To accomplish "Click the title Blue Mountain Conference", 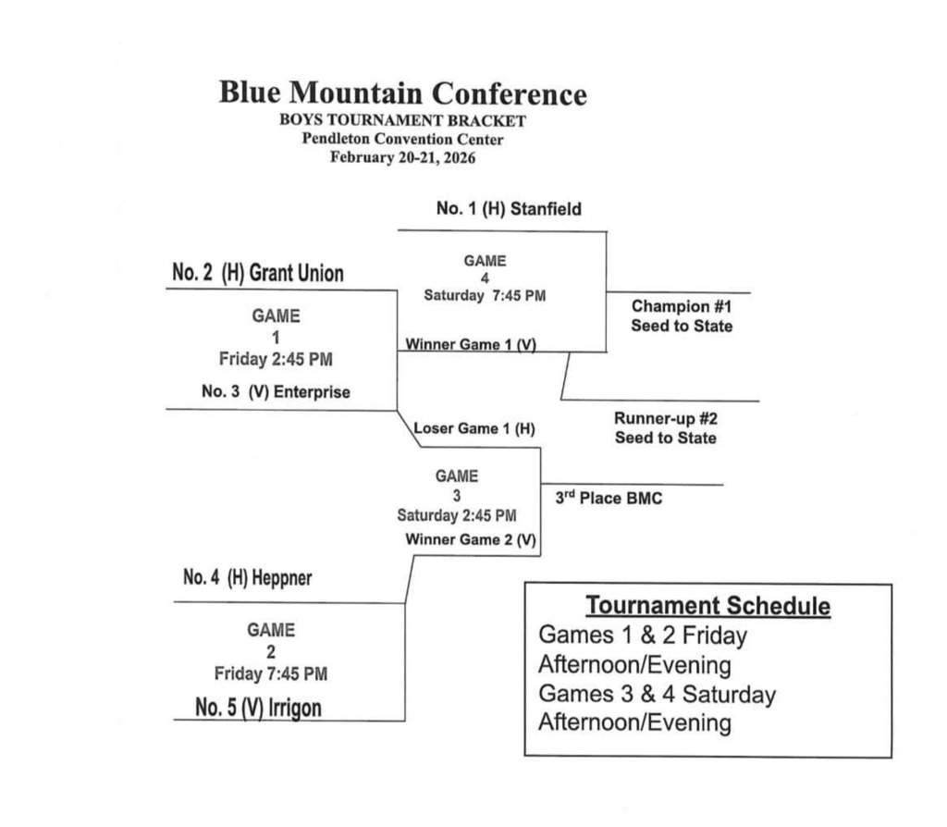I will tap(402, 94).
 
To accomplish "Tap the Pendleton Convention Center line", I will tap(402, 139).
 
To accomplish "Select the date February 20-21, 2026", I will tap(402, 157).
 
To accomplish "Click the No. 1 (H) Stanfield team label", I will tap(509, 209).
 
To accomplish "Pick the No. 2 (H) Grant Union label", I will tap(257, 274).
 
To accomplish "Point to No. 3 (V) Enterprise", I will tap(276, 392).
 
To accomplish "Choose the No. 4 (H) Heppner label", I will tap(248, 578).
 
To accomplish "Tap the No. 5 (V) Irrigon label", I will tap(259, 709).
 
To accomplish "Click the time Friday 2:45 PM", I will tap(274, 359).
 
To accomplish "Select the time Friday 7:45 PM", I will tap(270, 673).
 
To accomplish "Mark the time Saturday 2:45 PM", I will tap(457, 515).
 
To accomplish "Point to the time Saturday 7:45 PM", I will tap(484, 296).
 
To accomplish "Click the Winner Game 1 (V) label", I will tap(471, 344).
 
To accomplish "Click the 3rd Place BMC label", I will tap(609, 499).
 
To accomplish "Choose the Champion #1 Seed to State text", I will tap(682, 315).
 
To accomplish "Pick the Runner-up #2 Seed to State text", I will tap(665, 427).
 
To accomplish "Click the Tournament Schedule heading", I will tap(707, 607).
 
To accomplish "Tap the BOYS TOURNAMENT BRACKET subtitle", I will tap(402, 121).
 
